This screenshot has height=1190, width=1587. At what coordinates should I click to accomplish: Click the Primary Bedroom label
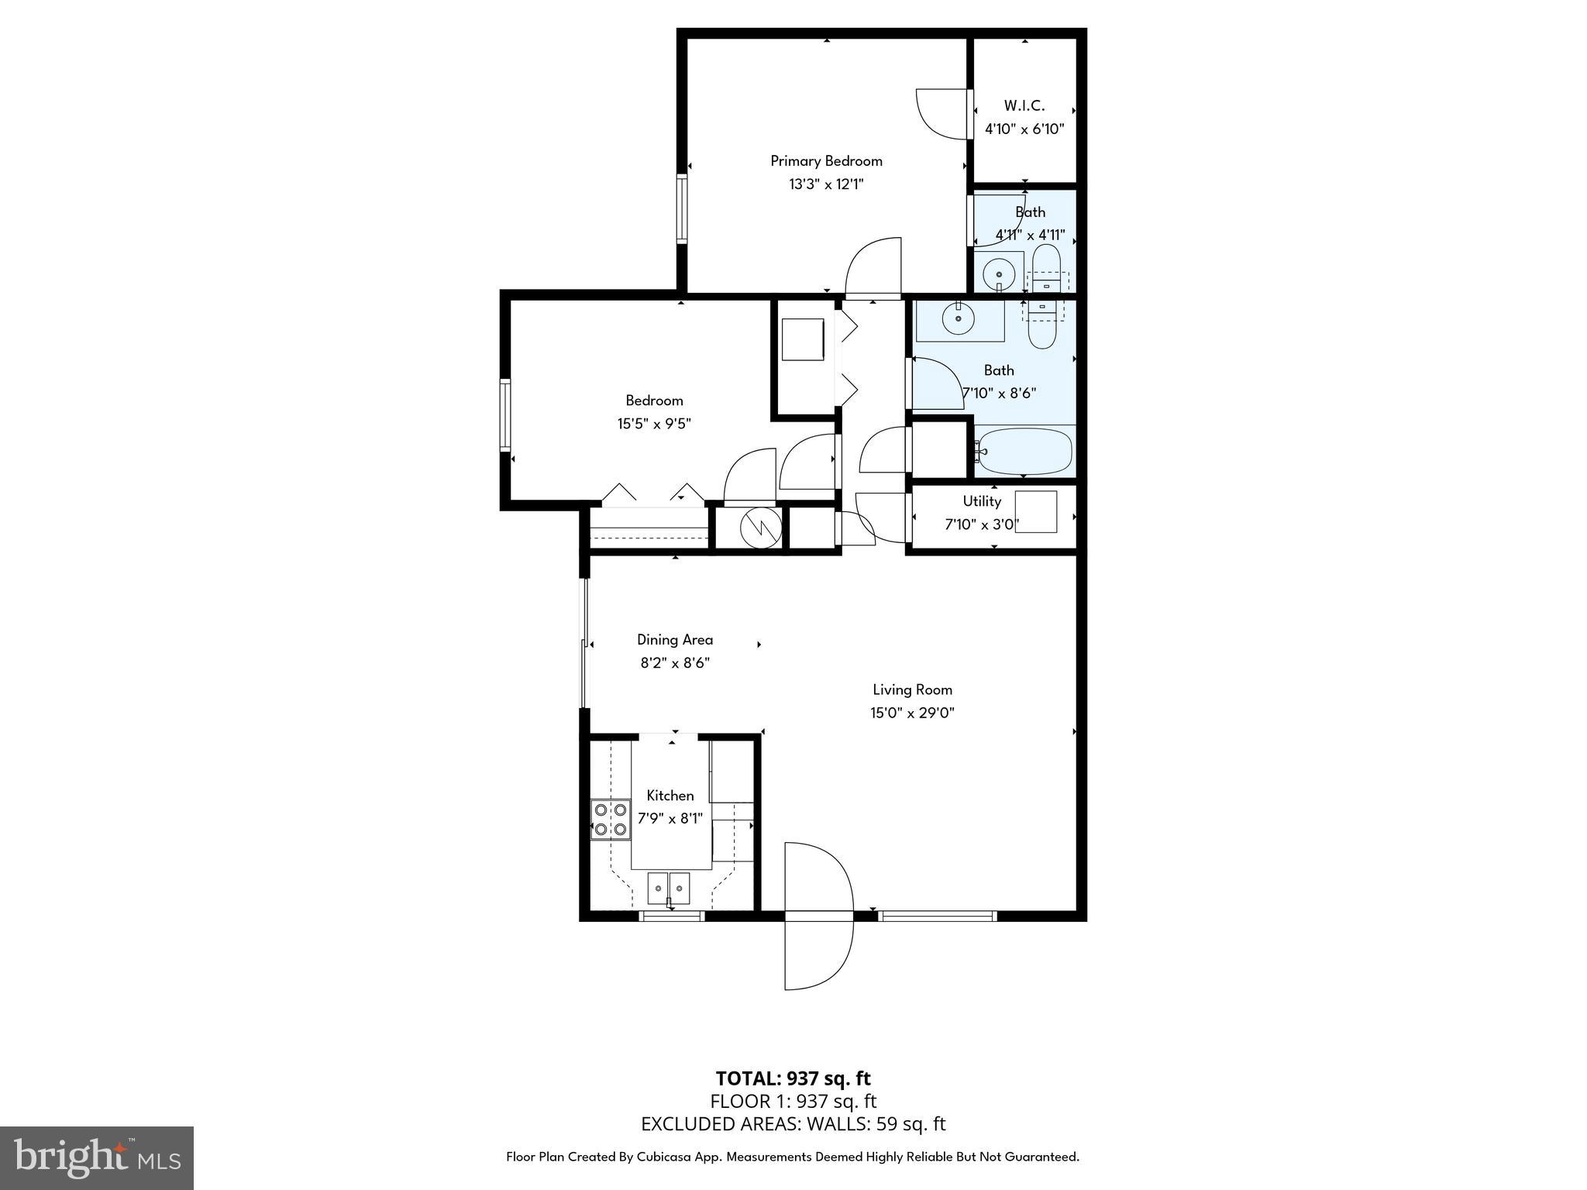(x=826, y=161)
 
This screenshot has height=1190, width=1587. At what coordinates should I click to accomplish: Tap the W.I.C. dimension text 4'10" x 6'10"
(x=1024, y=129)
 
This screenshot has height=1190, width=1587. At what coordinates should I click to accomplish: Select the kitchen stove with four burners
(x=610, y=820)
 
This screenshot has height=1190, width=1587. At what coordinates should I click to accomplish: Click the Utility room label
(x=982, y=501)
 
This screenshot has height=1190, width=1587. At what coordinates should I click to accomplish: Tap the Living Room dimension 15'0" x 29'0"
(x=912, y=713)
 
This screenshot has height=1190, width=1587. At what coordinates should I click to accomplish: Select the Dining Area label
(x=674, y=640)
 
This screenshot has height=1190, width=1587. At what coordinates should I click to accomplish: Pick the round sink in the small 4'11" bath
(x=998, y=273)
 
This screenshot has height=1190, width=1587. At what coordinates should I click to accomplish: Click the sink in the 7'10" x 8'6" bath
(x=959, y=318)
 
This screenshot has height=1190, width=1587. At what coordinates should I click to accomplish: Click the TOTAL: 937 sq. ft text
(x=793, y=1078)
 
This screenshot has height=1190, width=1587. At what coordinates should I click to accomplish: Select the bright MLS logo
(x=96, y=1158)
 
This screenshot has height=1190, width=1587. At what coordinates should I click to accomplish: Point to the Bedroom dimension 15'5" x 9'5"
(x=653, y=424)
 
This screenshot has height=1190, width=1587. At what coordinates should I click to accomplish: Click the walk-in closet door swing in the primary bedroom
(x=942, y=115)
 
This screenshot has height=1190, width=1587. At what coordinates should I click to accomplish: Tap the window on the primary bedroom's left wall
(x=682, y=208)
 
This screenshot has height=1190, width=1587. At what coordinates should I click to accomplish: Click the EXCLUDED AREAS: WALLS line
(x=793, y=1124)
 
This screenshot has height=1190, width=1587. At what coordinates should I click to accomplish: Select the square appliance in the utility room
(x=1035, y=511)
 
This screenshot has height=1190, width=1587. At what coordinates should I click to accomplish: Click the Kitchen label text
(x=670, y=796)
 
